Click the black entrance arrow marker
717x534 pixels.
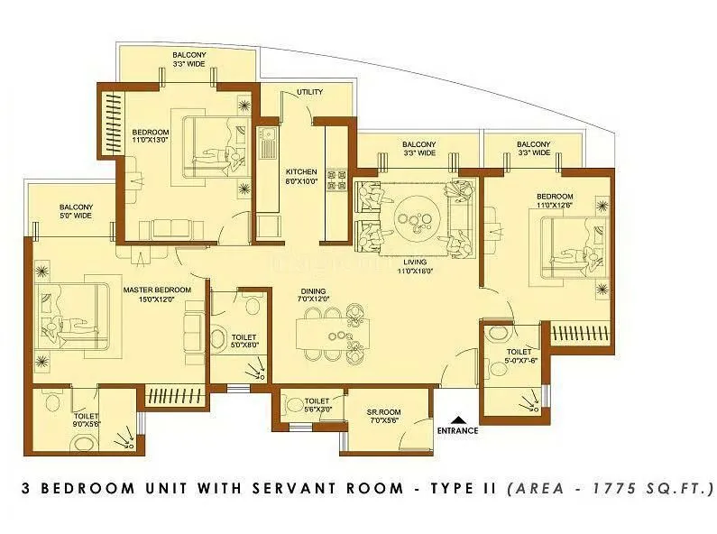pyautogui.click(x=458, y=419)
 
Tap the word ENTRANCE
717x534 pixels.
pyautogui.click(x=457, y=430)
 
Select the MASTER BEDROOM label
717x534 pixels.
pyautogui.click(x=157, y=289)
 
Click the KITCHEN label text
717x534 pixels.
pyautogui.click(x=299, y=170)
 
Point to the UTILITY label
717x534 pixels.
pyautogui.click(x=310, y=92)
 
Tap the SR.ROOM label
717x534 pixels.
pyautogui.click(x=383, y=412)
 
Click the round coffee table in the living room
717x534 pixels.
pyautogui.click(x=418, y=216)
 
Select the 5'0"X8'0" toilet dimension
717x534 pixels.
pyautogui.click(x=239, y=344)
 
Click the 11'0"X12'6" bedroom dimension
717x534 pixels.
pyautogui.click(x=555, y=206)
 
